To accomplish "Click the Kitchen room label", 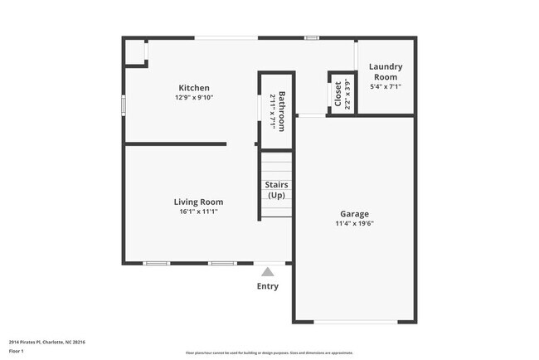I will pyautogui.click(x=194, y=88).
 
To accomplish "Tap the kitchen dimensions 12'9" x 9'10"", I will pyautogui.click(x=194, y=98).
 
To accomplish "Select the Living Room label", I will pyautogui.click(x=198, y=202).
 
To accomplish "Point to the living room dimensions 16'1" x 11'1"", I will pyautogui.click(x=198, y=212).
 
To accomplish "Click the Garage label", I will pyautogui.click(x=354, y=213).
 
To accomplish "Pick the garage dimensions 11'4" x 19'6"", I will pyautogui.click(x=354, y=223).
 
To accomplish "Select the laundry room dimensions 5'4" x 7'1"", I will pyautogui.click(x=386, y=87).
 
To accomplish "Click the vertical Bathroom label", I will pyautogui.click(x=282, y=111).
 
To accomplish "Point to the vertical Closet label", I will pyautogui.click(x=337, y=95).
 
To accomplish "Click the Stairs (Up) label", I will pyautogui.click(x=276, y=190).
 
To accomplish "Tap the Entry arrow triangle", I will pyautogui.click(x=267, y=271).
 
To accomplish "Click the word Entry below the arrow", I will pyautogui.click(x=267, y=286).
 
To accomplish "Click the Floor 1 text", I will pyautogui.click(x=17, y=352).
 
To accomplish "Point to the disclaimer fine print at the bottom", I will pyautogui.click(x=269, y=353).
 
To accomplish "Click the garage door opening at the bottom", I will pyautogui.click(x=354, y=322).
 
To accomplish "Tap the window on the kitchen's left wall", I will pyautogui.click(x=124, y=106).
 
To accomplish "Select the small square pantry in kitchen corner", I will pyautogui.click(x=134, y=52).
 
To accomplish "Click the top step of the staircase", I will pyautogui.click(x=276, y=156).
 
